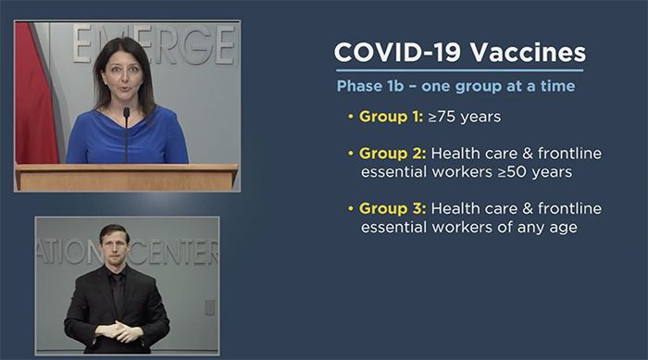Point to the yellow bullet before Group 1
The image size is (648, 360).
pos(351,118)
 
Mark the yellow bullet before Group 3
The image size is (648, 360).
pos(351,209)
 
